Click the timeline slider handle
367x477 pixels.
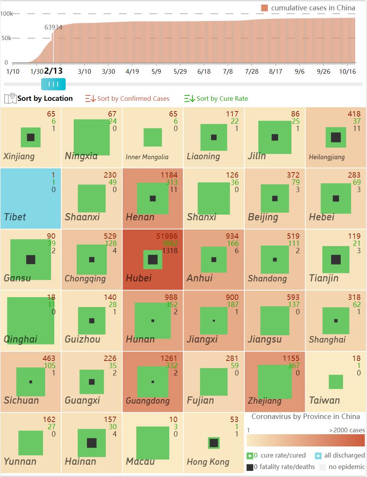pyautogui.click(x=53, y=84)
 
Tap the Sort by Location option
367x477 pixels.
pyautogui.click(x=45, y=98)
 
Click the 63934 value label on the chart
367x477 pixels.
pyautogui.click(x=53, y=27)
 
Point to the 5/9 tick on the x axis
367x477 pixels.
pyautogui.click(x=156, y=71)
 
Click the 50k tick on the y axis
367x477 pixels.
pyautogui.click(x=6, y=38)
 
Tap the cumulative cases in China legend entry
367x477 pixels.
pyautogui.click(x=312, y=8)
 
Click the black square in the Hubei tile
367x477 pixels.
pyautogui.click(x=153, y=260)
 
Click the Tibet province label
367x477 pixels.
pyautogui.click(x=15, y=217)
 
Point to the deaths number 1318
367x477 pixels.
pyautogui.click(x=170, y=251)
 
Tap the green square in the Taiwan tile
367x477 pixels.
pyautogui.click(x=336, y=382)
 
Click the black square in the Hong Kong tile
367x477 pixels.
pyautogui.click(x=214, y=443)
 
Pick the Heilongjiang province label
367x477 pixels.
pyautogui.click(x=327, y=157)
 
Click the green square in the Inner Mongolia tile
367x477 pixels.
pyautogui.click(x=153, y=137)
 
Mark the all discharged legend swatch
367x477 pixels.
pyautogui.click(x=319, y=456)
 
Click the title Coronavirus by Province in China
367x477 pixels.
pyautogui.click(x=306, y=416)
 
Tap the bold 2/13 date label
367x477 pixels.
pyautogui.click(x=53, y=71)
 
